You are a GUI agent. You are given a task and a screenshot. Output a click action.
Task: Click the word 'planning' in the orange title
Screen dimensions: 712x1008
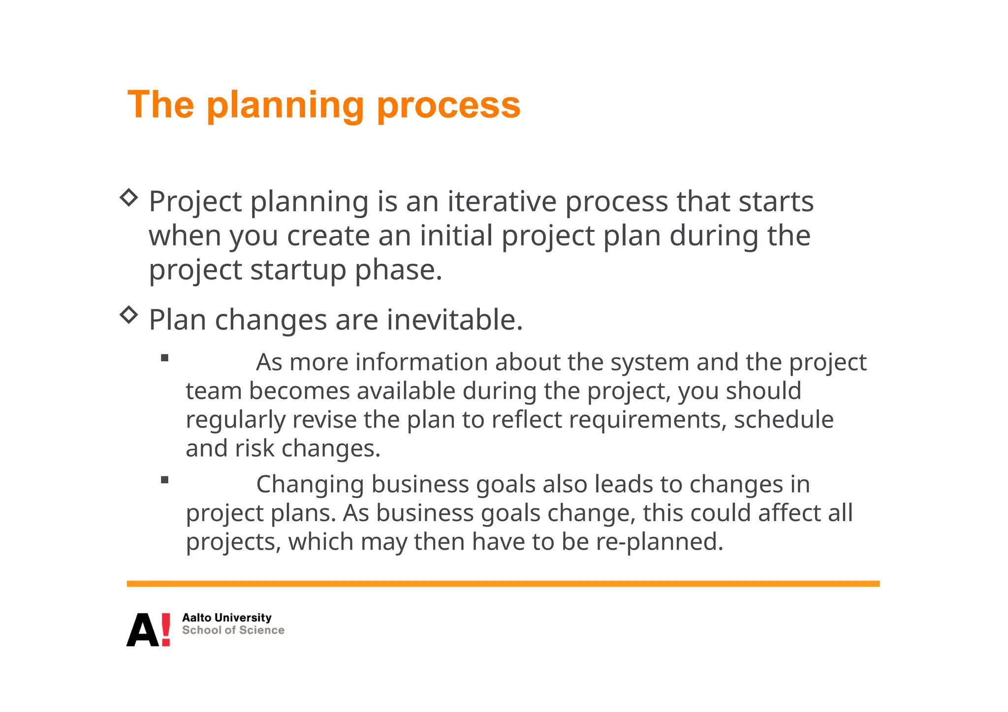284,106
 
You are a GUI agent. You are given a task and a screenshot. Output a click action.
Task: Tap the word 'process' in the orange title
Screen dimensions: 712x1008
448,106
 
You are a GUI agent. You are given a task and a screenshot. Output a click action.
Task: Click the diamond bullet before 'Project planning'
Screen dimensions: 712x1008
129,198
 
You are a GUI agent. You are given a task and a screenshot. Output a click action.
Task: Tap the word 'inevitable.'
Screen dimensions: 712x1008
454,320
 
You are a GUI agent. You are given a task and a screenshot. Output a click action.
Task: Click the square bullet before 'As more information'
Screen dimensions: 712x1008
165,358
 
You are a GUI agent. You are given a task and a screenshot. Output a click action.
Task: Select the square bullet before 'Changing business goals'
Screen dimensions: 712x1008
165,480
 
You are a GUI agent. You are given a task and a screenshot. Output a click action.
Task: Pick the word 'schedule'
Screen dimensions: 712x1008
784,420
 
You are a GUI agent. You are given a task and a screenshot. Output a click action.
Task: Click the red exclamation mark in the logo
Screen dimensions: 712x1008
166,629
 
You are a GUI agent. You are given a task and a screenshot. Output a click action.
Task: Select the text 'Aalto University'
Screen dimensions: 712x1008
226,618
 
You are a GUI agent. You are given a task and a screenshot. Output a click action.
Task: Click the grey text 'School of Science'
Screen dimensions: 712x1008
233,630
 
